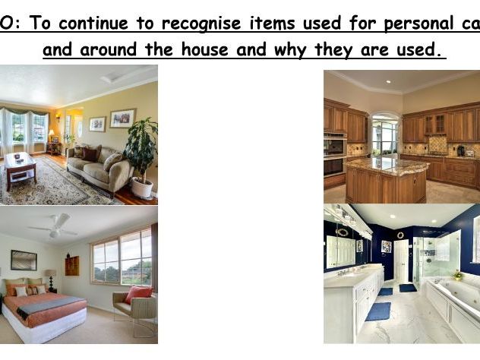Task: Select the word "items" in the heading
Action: click(x=271, y=23)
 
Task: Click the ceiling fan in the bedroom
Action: click(x=53, y=226)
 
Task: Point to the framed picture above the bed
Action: click(x=24, y=261)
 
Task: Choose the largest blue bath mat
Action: click(x=377, y=311)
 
